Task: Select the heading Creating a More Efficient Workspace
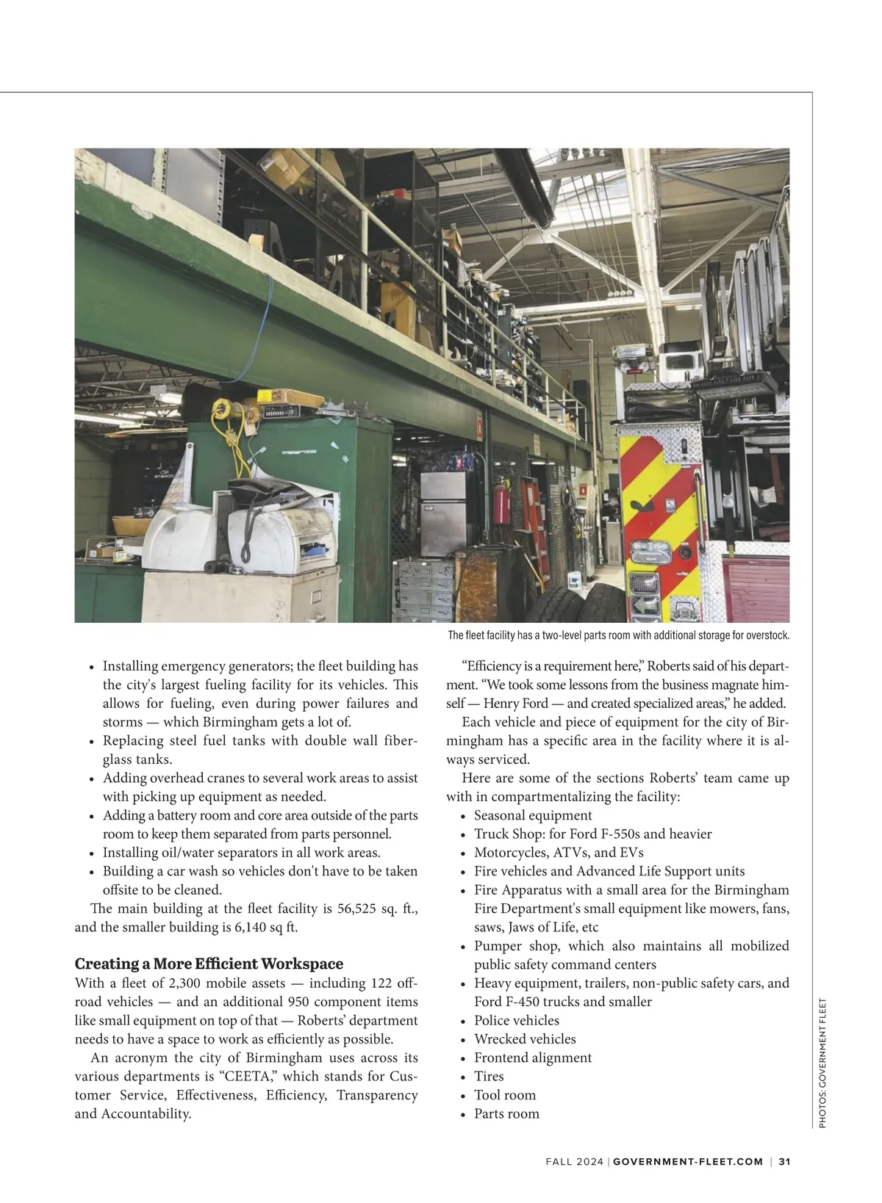point(209,964)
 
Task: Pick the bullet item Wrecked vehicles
point(525,1038)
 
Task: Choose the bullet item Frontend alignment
point(532,1058)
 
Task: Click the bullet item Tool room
point(505,1095)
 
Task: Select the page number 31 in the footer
point(784,1161)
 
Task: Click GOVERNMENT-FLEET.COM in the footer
point(688,1161)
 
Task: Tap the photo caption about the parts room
point(618,635)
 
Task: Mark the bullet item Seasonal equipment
point(533,815)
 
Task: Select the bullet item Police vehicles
point(517,1020)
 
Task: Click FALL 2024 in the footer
point(574,1161)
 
